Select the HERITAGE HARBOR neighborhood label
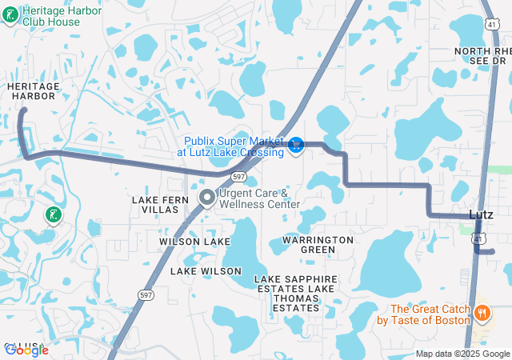pyautogui.click(x=32, y=90)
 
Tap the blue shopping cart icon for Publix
pyautogui.click(x=296, y=145)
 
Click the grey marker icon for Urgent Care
pyautogui.click(x=206, y=197)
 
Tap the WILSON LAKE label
pyautogui.click(x=194, y=241)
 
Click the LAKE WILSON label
pyautogui.click(x=206, y=271)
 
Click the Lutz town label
pyautogui.click(x=482, y=214)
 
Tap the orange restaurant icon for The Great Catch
pyautogui.click(x=482, y=311)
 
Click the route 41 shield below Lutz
pyautogui.click(x=478, y=238)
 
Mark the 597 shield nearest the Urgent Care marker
pyautogui.click(x=238, y=176)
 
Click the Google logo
pyautogui.click(x=26, y=350)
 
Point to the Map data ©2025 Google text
pyautogui.click(x=462, y=354)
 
